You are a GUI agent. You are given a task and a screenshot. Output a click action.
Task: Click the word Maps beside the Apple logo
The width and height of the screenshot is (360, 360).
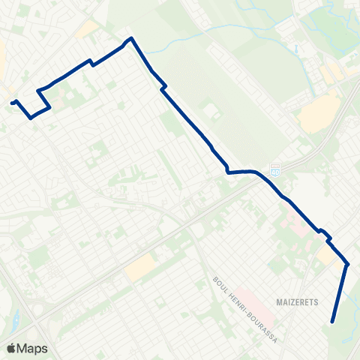tap(33, 348)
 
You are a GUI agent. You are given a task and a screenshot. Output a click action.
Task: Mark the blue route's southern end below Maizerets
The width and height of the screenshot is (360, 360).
tap(332, 322)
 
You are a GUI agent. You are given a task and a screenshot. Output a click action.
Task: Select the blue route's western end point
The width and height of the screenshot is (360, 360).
tap(13, 102)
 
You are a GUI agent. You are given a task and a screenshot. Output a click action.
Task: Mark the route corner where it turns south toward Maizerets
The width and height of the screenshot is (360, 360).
tap(347, 263)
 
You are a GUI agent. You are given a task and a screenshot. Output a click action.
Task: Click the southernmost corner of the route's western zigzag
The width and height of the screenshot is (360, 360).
tap(31, 118)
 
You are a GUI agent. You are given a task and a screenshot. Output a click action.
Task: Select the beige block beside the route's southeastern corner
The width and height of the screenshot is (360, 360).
tap(328, 256)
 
